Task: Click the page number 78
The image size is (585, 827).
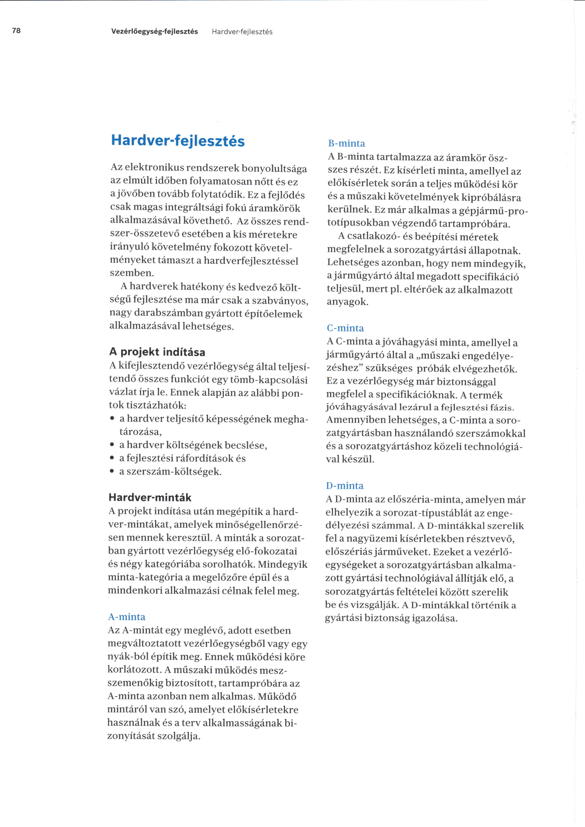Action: coord(17,31)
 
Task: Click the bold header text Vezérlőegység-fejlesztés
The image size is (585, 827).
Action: coord(155,32)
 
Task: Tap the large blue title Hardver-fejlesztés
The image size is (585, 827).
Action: coord(178,141)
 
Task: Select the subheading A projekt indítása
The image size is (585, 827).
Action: coord(157,352)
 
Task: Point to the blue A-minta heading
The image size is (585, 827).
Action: coord(127,617)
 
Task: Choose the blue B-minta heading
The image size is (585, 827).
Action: coord(347,143)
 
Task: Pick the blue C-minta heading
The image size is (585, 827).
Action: coord(345,328)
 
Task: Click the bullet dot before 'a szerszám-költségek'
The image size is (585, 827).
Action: coord(112,471)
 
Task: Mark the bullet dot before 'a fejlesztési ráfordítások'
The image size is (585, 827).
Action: coord(112,458)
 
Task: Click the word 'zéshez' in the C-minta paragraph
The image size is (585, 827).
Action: coord(343,368)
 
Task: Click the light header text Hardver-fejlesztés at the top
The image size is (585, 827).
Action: coord(242,32)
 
